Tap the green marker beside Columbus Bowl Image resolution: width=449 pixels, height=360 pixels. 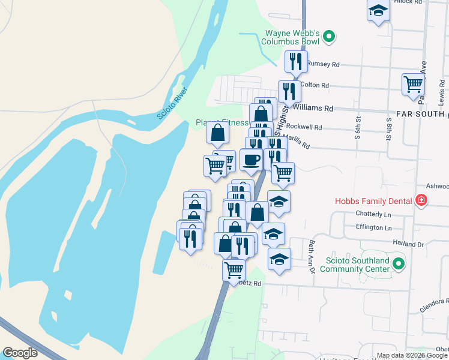coord(328,37)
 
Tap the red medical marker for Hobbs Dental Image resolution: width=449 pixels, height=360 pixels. coord(421,201)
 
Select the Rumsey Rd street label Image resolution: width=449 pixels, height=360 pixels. coord(324,64)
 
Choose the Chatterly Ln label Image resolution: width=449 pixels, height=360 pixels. coord(373,214)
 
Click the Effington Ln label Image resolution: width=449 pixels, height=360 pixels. coord(373,227)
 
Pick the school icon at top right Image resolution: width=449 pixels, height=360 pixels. coord(378,10)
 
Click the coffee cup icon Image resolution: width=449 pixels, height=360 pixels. coord(252,160)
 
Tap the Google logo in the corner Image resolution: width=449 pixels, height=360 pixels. coord(20,353)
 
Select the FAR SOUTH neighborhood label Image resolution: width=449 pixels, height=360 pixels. coord(422,115)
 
